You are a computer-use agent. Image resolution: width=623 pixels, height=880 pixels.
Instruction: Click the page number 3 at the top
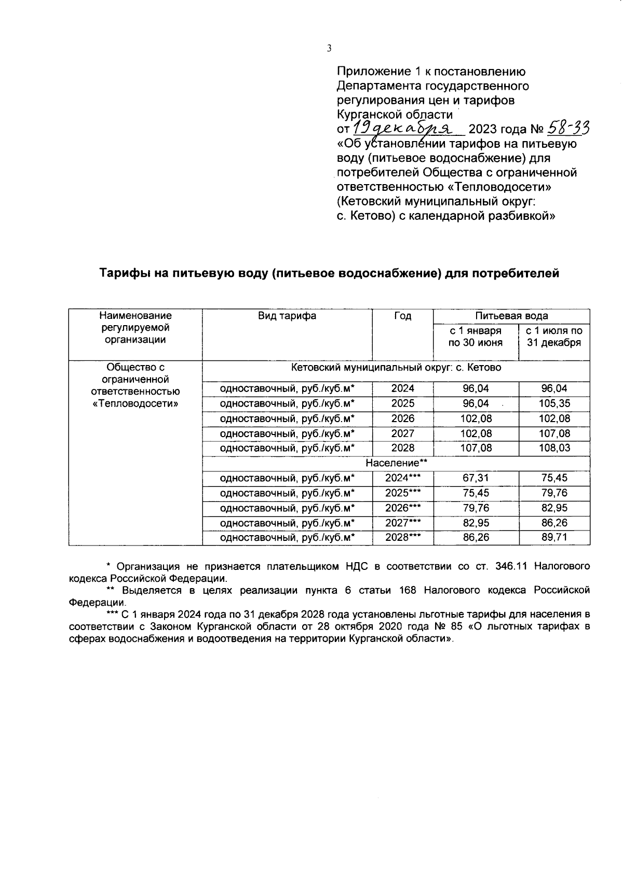(x=329, y=49)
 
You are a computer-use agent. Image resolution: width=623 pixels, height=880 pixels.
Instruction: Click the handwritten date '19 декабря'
(x=402, y=127)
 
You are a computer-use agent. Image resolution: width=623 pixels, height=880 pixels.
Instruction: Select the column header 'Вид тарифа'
(x=287, y=316)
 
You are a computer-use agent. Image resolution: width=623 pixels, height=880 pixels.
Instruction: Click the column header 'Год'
(x=402, y=316)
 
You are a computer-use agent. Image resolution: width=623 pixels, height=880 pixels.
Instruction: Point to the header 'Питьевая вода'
(x=511, y=316)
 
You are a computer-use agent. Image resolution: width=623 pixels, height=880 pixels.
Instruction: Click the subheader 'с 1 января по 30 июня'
(x=476, y=337)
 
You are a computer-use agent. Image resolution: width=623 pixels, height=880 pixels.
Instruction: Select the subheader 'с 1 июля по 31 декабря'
(x=554, y=337)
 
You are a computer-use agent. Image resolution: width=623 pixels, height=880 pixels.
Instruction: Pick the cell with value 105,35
(x=554, y=403)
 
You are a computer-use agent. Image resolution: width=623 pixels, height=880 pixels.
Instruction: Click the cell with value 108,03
(x=554, y=448)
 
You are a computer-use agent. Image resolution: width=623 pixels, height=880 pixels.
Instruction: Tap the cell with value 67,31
(x=476, y=478)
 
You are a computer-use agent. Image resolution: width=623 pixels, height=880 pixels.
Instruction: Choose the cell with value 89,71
(x=554, y=538)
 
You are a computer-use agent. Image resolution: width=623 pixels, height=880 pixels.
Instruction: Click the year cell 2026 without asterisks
(x=402, y=418)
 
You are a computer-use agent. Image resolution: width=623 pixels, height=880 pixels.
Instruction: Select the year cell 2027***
(x=402, y=523)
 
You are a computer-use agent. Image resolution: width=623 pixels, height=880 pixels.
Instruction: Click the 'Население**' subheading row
(x=396, y=463)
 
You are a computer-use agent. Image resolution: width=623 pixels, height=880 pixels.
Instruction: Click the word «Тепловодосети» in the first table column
(x=135, y=403)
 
